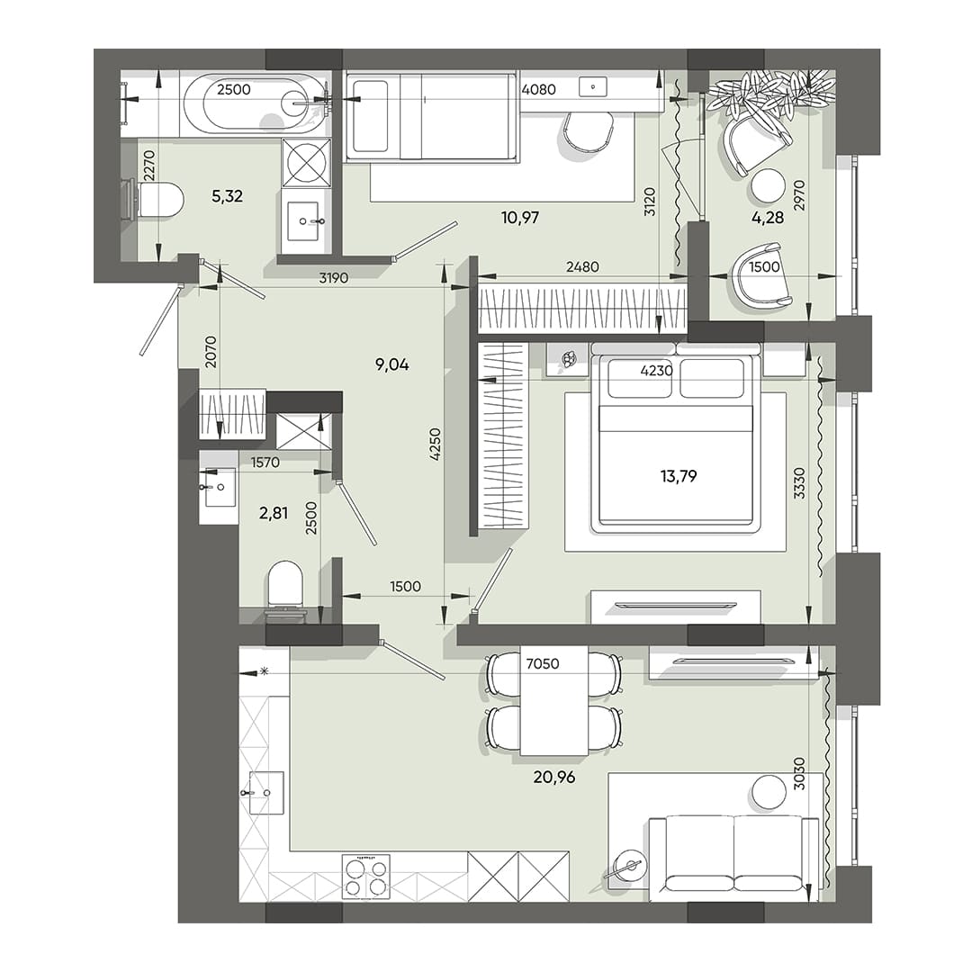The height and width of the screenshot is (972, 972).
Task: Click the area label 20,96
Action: tap(553, 777)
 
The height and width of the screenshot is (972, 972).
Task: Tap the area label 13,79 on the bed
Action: tap(679, 476)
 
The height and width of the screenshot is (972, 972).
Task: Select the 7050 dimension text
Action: tap(543, 664)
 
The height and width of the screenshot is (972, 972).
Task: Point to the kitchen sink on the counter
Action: tap(265, 792)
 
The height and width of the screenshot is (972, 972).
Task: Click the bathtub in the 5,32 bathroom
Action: tap(246, 104)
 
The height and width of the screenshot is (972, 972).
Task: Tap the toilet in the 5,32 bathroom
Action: tap(156, 199)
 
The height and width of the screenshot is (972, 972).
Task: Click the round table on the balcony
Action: tap(769, 186)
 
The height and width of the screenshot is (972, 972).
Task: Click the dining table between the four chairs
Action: tap(553, 702)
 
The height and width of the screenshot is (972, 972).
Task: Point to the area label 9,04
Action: tap(392, 364)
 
